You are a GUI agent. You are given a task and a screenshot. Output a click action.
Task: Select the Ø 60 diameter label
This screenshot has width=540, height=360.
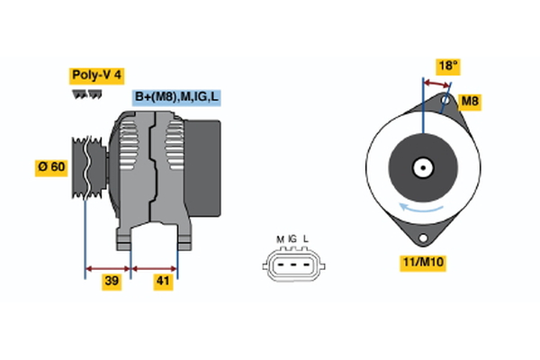click(52, 166)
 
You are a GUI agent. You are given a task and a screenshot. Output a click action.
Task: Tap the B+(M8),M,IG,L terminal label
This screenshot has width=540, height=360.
click(176, 97)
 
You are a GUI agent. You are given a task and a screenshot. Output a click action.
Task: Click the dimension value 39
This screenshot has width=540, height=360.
click(112, 281)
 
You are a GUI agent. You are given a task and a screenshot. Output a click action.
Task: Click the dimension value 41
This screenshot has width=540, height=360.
click(163, 281)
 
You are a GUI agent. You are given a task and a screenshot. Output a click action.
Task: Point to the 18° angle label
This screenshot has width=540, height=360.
click(447, 66)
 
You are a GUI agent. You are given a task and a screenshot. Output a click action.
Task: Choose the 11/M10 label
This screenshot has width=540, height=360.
click(423, 263)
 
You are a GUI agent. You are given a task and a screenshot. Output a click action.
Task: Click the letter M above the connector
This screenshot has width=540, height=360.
click(280, 238)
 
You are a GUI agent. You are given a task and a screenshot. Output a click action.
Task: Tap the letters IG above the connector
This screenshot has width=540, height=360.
click(292, 238)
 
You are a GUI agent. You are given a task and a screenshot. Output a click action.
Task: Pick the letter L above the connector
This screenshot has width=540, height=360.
click(306, 238)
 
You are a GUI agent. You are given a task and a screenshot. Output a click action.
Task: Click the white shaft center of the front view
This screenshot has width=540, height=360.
click(421, 167)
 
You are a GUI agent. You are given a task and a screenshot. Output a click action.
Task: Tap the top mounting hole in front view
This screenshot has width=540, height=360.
click(447, 103)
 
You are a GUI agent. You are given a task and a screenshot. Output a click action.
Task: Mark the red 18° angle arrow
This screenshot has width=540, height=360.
click(437, 81)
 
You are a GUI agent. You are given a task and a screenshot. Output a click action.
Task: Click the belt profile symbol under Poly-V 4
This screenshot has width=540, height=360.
click(86, 93)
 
